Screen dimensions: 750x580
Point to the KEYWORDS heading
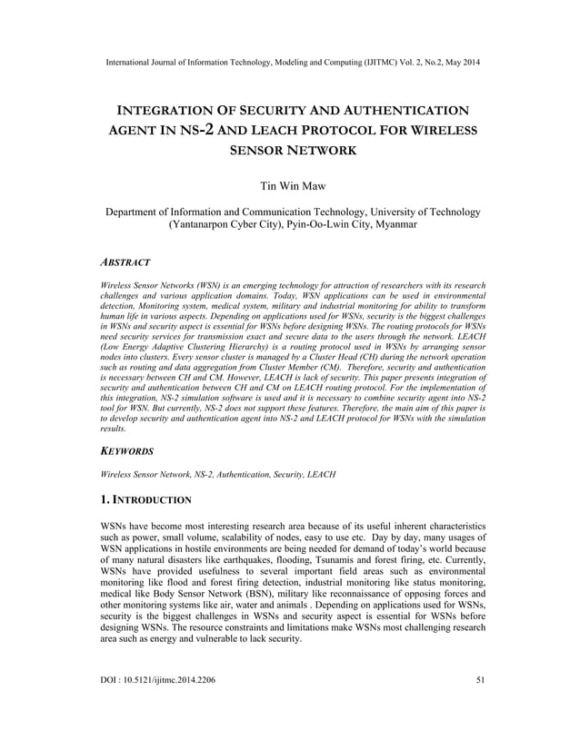(128, 450)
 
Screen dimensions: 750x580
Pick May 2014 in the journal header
(459, 63)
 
